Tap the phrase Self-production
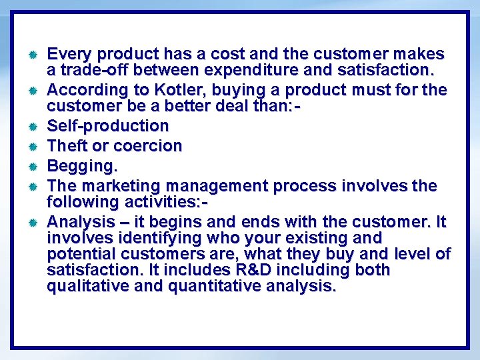click(x=108, y=126)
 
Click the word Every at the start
click(x=69, y=54)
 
